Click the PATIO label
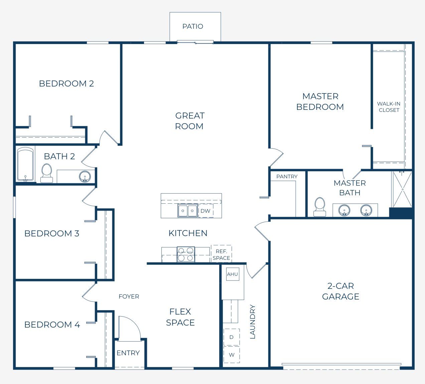[x=192, y=26]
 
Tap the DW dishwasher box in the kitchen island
[x=206, y=211]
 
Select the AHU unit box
[x=233, y=274]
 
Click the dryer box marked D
[x=232, y=337]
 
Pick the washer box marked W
[x=232, y=355]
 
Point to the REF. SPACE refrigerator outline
[x=222, y=254]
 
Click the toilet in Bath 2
[x=47, y=173]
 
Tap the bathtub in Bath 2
[x=25, y=164]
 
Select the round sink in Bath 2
[x=85, y=176]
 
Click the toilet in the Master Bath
[x=320, y=207]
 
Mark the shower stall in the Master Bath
[x=402, y=189]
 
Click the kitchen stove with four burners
[x=186, y=254]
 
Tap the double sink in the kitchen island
[x=187, y=211]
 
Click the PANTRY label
[x=287, y=176]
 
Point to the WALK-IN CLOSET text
[x=389, y=107]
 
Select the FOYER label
[x=129, y=296]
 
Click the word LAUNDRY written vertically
[x=253, y=322]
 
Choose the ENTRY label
[x=128, y=353]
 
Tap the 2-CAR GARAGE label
[x=341, y=291]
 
